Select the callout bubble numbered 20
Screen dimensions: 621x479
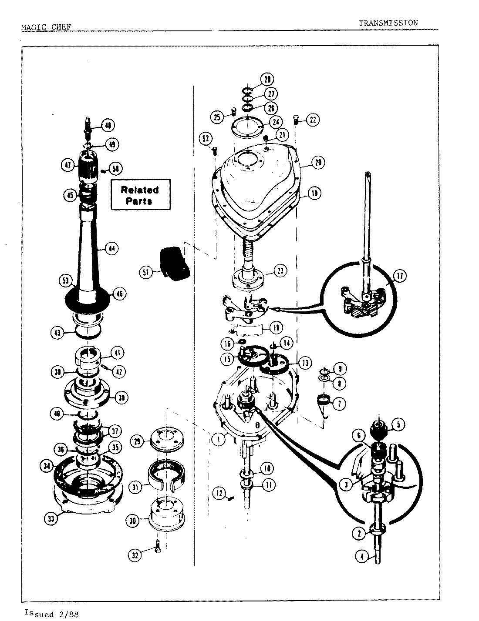318,163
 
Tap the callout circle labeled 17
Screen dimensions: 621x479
399,275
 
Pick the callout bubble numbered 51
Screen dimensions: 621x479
145,273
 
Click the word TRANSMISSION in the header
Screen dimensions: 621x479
388,23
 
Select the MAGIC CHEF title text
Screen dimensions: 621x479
46,27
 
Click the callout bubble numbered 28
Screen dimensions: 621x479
267,80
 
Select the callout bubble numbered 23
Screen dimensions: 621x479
280,270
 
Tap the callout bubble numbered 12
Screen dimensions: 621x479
219,493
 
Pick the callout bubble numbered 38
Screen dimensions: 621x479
121,397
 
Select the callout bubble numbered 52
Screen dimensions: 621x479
205,139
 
